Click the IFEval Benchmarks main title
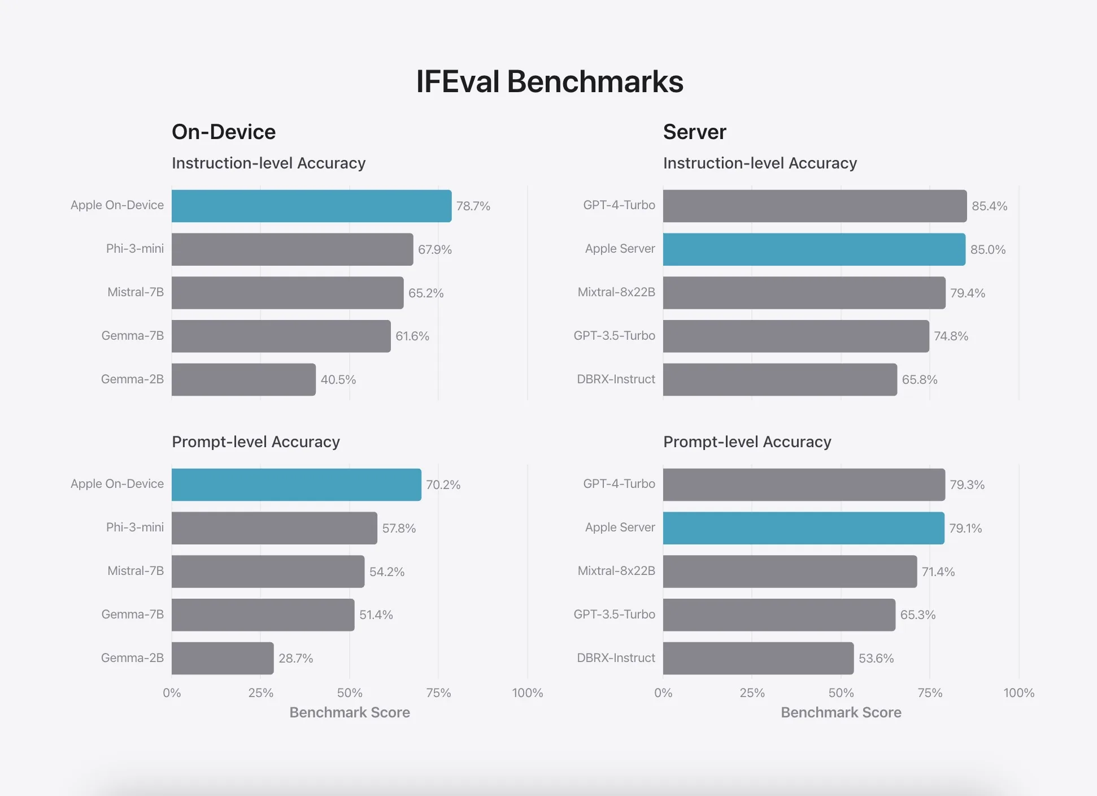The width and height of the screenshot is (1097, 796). click(x=550, y=81)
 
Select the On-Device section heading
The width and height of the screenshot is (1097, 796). click(x=224, y=132)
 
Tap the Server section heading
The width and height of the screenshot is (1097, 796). click(x=694, y=132)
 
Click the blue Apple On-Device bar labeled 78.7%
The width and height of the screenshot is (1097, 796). click(x=311, y=206)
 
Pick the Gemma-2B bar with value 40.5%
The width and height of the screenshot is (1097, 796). click(x=243, y=379)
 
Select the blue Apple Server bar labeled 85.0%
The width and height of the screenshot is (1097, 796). click(x=814, y=249)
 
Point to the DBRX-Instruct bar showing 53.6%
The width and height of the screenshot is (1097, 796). click(x=758, y=658)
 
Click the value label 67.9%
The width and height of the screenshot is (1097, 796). click(x=434, y=249)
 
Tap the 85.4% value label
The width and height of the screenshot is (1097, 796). click(x=989, y=206)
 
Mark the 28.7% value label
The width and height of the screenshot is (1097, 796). click(x=295, y=658)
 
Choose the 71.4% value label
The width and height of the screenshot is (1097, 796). click(x=938, y=572)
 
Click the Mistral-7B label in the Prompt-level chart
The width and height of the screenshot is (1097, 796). click(x=136, y=571)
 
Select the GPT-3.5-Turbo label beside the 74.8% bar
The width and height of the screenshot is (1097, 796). click(x=614, y=336)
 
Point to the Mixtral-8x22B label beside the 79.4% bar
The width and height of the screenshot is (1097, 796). click(x=616, y=292)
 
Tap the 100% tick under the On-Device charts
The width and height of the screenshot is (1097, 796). click(x=527, y=693)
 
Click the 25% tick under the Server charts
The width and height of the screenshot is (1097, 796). click(x=752, y=693)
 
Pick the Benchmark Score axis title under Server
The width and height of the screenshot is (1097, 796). click(x=841, y=712)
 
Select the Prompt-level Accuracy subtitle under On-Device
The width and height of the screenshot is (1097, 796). click(x=256, y=442)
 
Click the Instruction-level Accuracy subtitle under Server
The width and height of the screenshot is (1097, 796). click(x=760, y=163)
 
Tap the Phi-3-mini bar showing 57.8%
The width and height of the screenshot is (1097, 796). click(x=274, y=528)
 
